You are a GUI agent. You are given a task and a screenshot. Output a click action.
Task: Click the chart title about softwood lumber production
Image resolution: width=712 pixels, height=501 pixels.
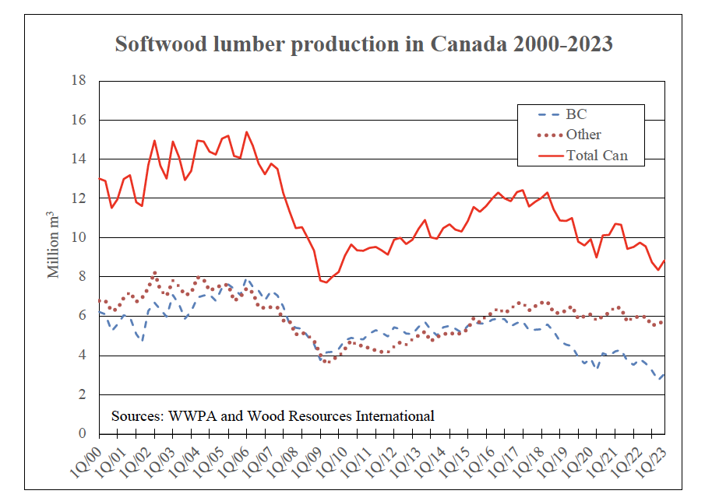[364, 44]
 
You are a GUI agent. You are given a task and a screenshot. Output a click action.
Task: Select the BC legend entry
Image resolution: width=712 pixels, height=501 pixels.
[576, 114]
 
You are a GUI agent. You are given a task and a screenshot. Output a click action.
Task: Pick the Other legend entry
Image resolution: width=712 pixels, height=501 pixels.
[583, 135]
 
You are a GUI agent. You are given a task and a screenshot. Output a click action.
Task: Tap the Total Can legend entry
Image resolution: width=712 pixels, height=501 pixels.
[597, 156]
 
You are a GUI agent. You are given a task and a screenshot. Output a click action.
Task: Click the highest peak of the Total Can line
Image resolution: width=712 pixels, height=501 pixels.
[246, 132]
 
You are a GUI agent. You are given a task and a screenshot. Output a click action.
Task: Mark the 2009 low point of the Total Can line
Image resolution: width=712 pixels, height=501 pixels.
[326, 282]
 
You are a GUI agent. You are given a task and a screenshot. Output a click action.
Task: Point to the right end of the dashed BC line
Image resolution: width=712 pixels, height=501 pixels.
[664, 374]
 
